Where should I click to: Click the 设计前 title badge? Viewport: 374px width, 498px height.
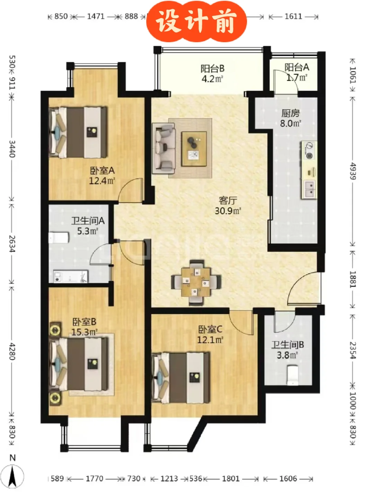[x=196, y=22]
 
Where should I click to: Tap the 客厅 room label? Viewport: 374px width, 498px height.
[x=228, y=200]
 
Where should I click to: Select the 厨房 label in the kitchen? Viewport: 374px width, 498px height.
[x=291, y=113]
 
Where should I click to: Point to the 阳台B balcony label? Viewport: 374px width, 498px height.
[x=212, y=68]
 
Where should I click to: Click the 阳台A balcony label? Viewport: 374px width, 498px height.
[x=297, y=67]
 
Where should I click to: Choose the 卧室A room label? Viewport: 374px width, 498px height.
[x=102, y=170]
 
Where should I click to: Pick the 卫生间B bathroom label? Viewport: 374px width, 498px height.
[x=287, y=345]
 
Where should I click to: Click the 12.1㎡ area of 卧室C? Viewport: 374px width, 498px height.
[x=210, y=340]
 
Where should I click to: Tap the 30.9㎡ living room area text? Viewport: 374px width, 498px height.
[x=228, y=211]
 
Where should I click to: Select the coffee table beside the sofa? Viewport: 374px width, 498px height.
[x=194, y=149]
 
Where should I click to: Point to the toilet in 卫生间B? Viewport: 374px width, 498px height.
[x=292, y=375]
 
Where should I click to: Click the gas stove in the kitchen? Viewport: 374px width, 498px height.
[x=309, y=150]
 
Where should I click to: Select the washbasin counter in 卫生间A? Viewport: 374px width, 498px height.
[x=71, y=276]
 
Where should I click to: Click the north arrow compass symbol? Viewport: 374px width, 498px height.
[x=12, y=476]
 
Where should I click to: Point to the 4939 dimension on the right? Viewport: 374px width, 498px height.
[x=353, y=171]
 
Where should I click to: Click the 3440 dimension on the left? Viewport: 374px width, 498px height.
[x=12, y=149]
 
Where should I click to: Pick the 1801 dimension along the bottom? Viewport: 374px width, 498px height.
[x=231, y=479]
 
